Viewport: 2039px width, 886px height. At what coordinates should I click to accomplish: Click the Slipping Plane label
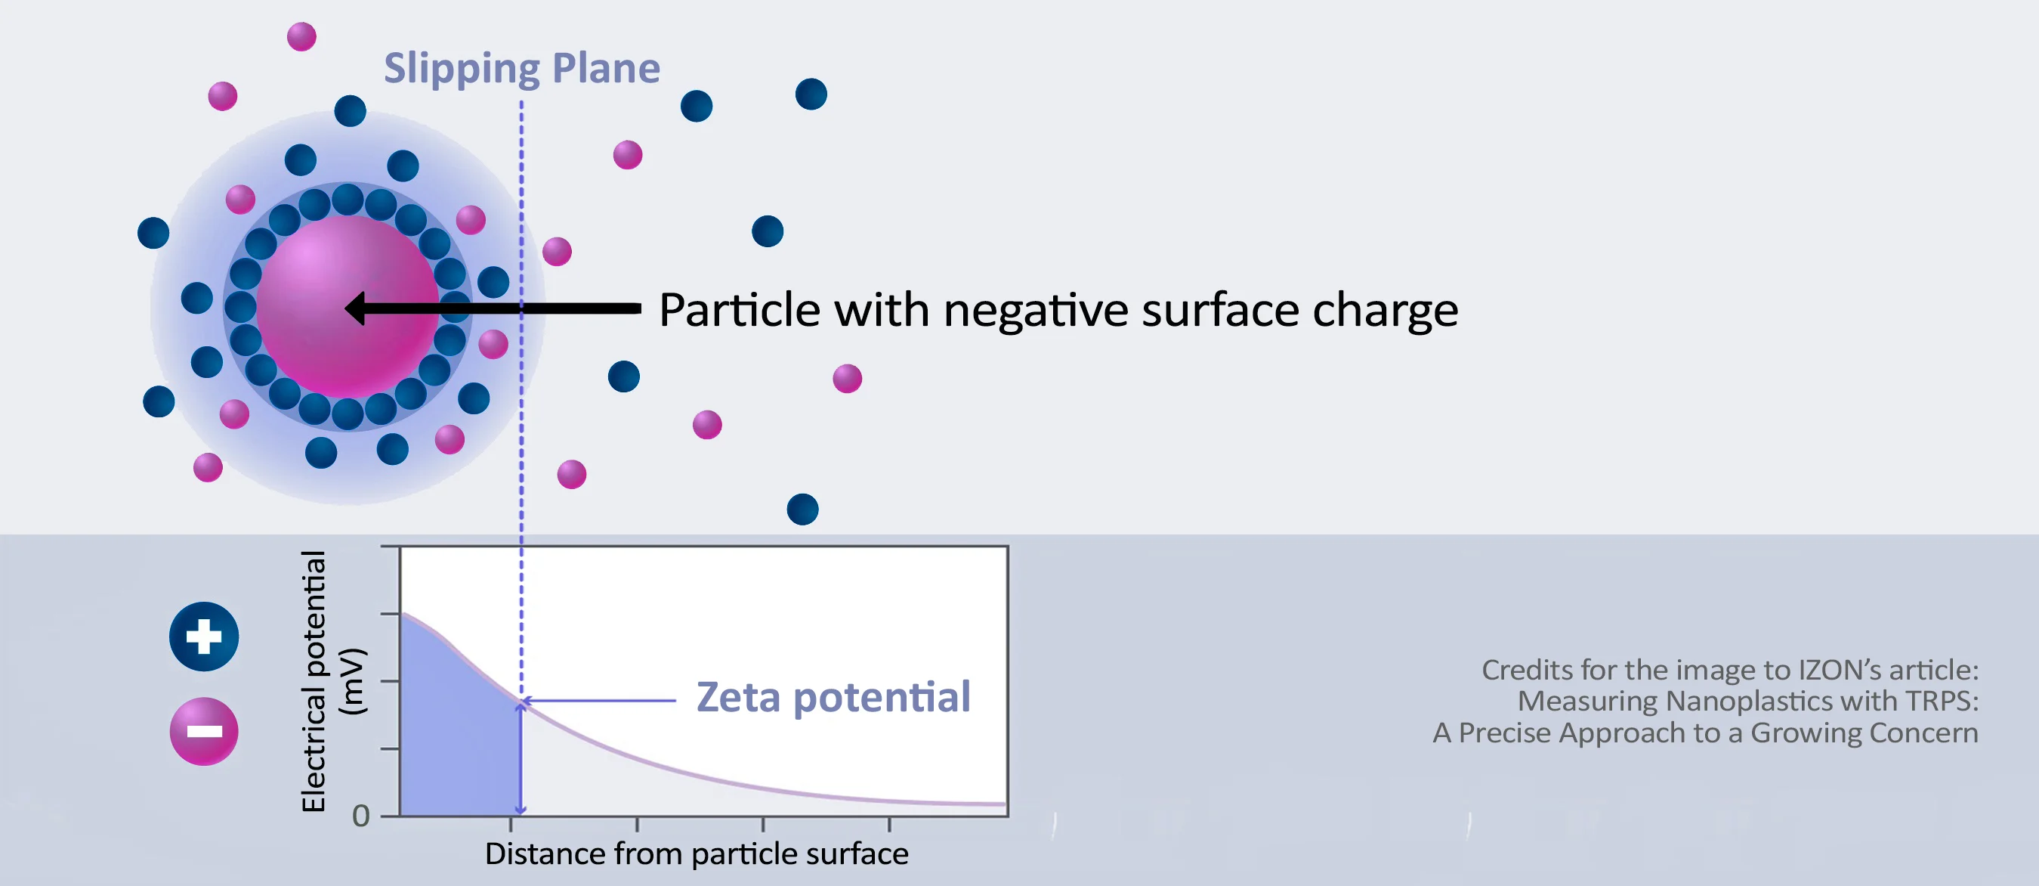click(x=521, y=69)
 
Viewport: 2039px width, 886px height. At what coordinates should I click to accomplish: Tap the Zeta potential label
click(x=833, y=698)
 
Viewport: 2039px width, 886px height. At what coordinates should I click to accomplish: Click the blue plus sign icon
click(x=204, y=637)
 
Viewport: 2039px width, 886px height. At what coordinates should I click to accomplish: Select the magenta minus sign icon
click(x=204, y=732)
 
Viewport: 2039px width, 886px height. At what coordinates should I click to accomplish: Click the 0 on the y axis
click(x=361, y=816)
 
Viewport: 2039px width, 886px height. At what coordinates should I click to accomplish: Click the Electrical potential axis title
click(x=314, y=681)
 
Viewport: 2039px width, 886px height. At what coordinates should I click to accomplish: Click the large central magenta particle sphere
click(x=348, y=306)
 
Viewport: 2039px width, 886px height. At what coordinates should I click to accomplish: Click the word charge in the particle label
click(x=1386, y=311)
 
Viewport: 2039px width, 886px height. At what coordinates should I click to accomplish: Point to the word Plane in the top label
click(x=607, y=69)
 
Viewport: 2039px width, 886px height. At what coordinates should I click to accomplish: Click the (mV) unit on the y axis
click(x=352, y=682)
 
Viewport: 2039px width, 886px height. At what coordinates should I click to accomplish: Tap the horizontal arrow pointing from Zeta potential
click(x=598, y=701)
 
